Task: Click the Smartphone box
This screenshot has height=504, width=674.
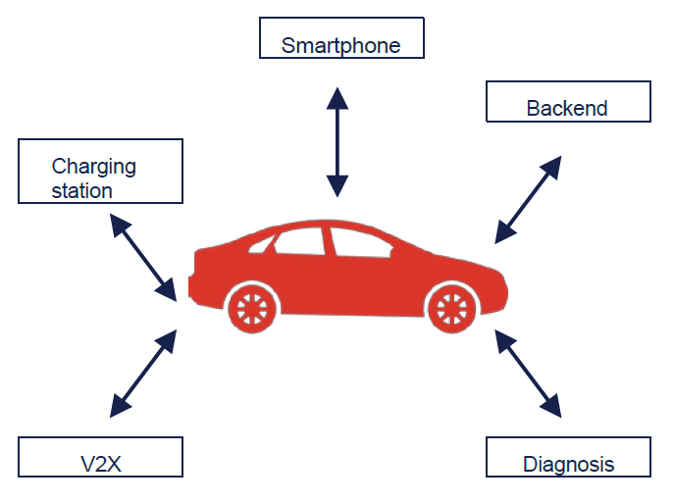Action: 342,37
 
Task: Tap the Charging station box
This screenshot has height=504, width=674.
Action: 100,171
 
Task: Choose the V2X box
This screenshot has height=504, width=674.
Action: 100,458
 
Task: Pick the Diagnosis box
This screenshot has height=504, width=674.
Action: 568,457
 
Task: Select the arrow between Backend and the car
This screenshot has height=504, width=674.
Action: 527,199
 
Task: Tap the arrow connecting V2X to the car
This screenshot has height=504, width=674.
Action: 143,370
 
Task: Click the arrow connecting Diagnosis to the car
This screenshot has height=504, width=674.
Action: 527,371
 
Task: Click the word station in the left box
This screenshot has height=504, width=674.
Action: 82,190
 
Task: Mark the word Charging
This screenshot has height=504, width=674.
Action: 94,167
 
